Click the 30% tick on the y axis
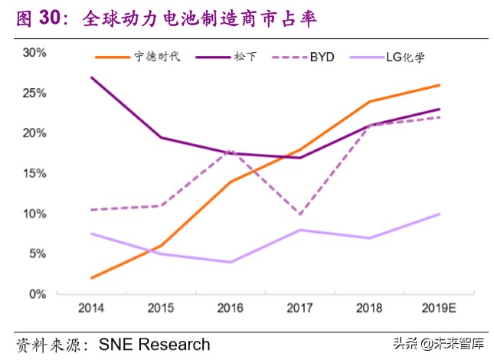pos(34,53)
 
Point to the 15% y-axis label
pos(34,173)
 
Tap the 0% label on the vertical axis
pos(38,293)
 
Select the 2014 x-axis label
pos(91,308)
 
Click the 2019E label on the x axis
pos(439,308)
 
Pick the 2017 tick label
pos(299,308)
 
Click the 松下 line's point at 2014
pos(91,77)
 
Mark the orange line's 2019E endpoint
pos(440,85)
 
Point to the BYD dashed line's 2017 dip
pos(299,214)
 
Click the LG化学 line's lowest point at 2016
pos(230,262)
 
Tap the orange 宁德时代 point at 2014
pos(91,278)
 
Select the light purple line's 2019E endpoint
pos(440,214)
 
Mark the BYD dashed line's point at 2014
pos(91,209)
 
